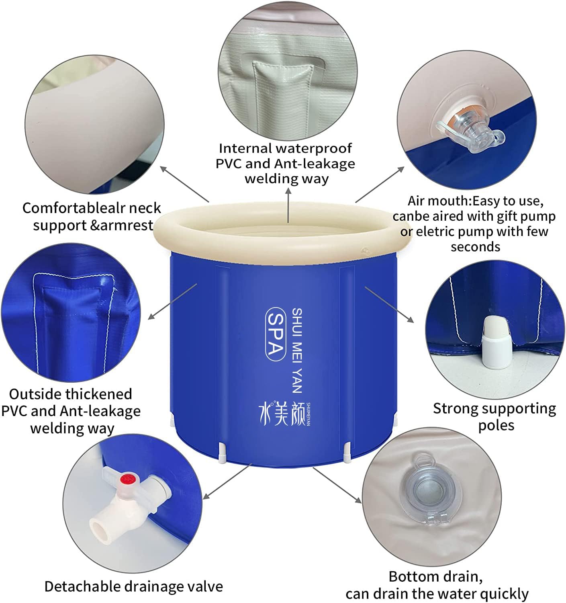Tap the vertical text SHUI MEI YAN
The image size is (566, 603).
click(x=296, y=350)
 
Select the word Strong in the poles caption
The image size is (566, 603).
click(x=456, y=408)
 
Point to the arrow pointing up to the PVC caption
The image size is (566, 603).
click(x=288, y=205)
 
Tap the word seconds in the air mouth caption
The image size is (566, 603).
click(x=475, y=246)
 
